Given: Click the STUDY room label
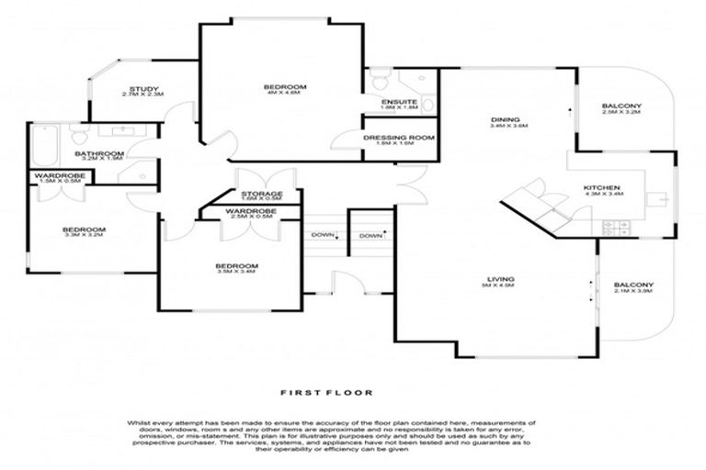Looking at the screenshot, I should [x=142, y=87].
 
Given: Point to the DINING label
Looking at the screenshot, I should [x=505, y=119].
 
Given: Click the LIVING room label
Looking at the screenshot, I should [x=501, y=278].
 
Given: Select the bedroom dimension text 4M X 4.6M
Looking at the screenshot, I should [x=287, y=94].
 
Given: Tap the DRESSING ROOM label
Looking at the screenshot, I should [x=399, y=137].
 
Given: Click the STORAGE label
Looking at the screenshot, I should [x=261, y=194].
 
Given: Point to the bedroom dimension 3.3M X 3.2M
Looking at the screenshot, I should [x=81, y=236].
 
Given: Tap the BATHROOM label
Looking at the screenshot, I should [x=100, y=153].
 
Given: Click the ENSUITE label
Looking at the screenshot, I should [x=399, y=101].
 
